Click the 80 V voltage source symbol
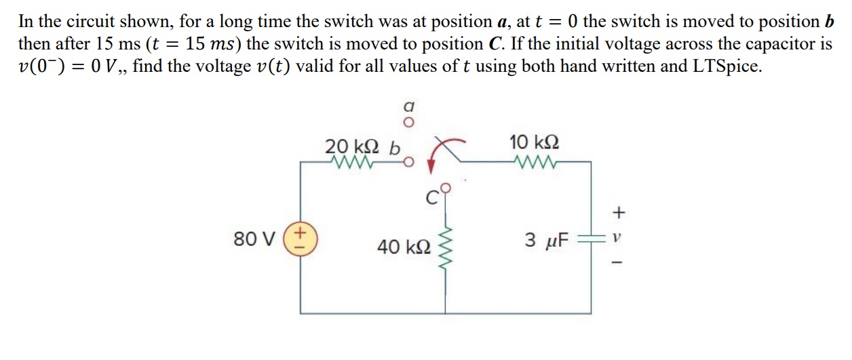[x=301, y=240]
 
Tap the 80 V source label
[x=254, y=240]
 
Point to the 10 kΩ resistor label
[x=534, y=143]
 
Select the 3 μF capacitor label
[x=548, y=239]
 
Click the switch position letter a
[x=408, y=106]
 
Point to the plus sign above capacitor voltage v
[x=617, y=213]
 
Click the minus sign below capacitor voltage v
[x=617, y=264]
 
